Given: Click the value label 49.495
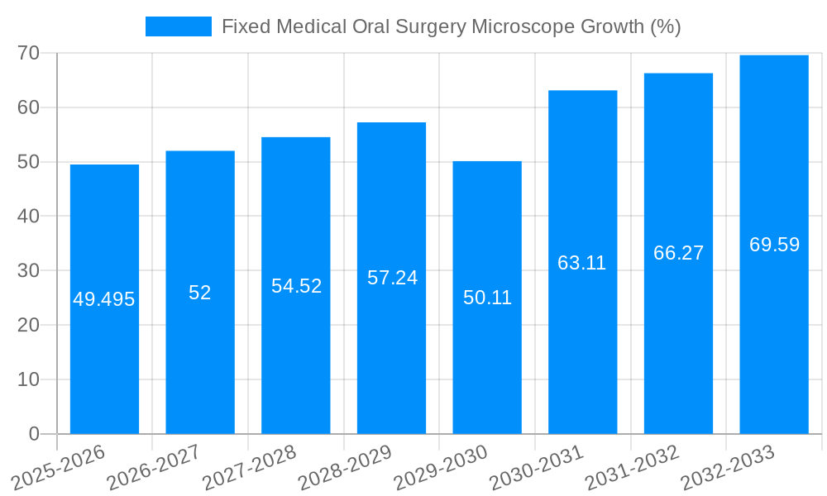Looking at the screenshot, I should (104, 299).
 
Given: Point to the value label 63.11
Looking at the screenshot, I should (582, 263).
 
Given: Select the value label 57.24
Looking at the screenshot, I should (392, 278).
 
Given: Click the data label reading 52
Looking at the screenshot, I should (200, 293).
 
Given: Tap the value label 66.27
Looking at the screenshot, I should (678, 253).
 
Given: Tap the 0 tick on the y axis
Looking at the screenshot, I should (34, 434).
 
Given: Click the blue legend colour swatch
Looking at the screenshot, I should (179, 26).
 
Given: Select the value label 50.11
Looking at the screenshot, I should (487, 298).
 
